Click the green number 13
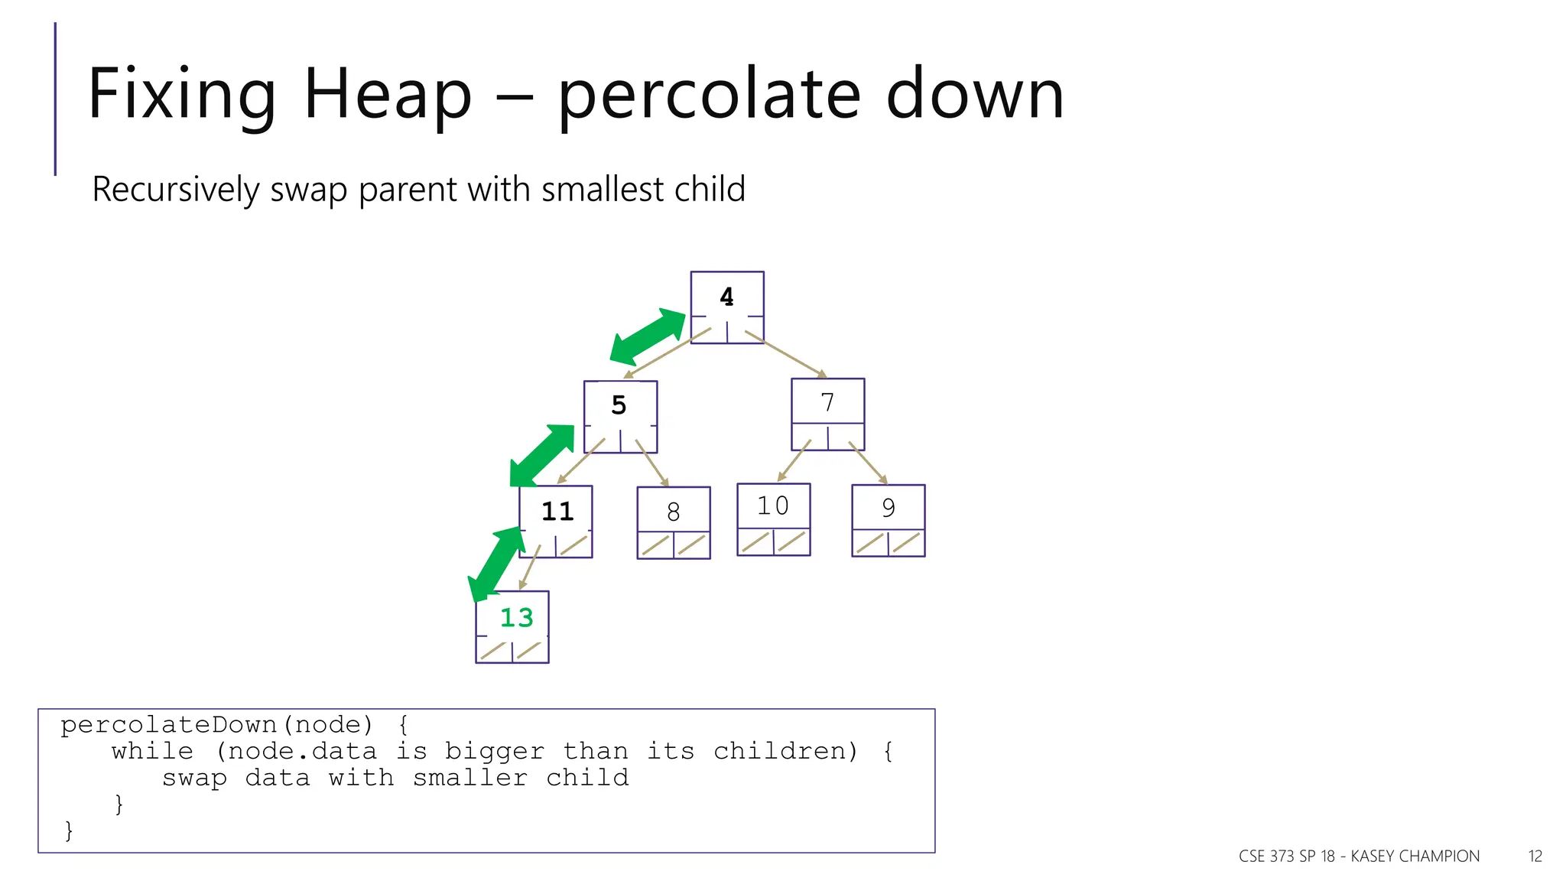(516, 618)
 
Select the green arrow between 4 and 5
(648, 336)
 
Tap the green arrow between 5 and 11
(542, 456)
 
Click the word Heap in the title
(387, 95)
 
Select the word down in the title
(974, 95)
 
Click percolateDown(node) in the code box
(216, 724)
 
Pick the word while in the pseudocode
(152, 751)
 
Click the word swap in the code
(194, 778)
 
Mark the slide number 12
(1535, 857)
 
